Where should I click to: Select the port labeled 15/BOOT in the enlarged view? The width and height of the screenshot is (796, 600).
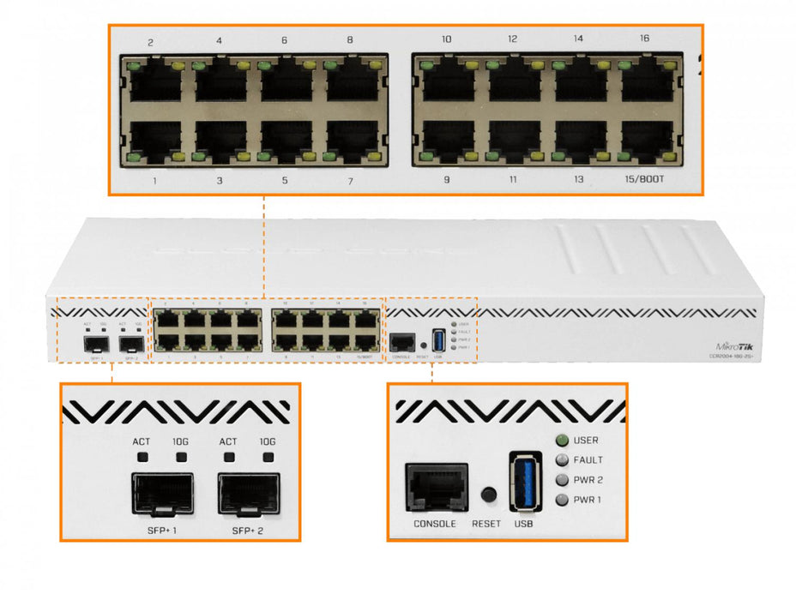point(646,141)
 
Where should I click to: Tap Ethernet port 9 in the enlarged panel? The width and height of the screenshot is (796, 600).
point(447,141)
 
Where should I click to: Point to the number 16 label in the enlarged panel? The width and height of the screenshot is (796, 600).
point(644,39)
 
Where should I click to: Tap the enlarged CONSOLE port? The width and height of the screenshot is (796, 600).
point(437,489)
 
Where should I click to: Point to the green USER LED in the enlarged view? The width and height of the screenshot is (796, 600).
point(562,441)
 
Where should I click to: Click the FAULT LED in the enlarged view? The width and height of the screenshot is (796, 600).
point(562,460)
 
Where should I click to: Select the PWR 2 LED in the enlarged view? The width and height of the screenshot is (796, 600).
point(562,480)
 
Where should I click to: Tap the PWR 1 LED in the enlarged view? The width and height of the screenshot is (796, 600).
point(562,500)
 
